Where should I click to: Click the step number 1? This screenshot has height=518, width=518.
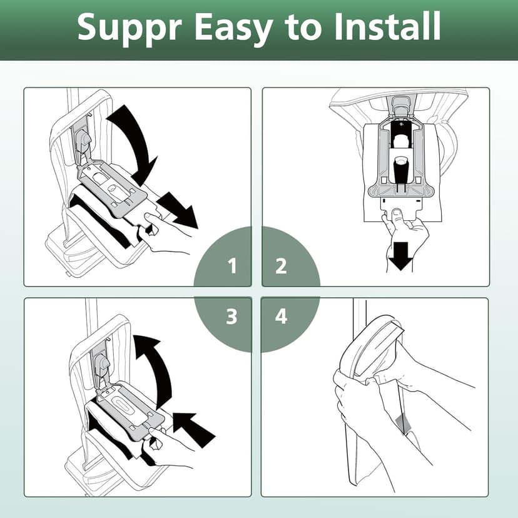[x=232, y=267]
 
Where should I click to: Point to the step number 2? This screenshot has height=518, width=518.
[x=281, y=267]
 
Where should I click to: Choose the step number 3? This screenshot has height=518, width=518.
[x=232, y=317]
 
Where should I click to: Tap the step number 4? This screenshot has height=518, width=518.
[x=281, y=317]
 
